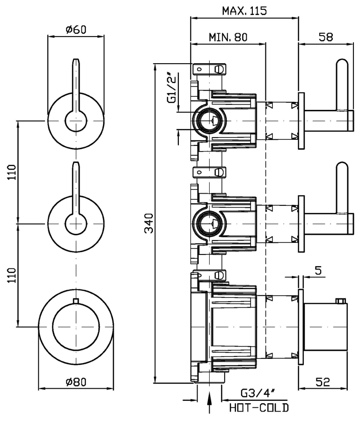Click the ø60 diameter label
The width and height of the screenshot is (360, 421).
76,30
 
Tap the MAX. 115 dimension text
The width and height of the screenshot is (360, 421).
244,10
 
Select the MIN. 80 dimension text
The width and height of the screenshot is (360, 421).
228,37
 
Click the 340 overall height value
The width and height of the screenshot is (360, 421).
149,224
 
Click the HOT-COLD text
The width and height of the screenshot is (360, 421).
259,407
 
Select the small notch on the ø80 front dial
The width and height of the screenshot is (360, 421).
75,300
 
